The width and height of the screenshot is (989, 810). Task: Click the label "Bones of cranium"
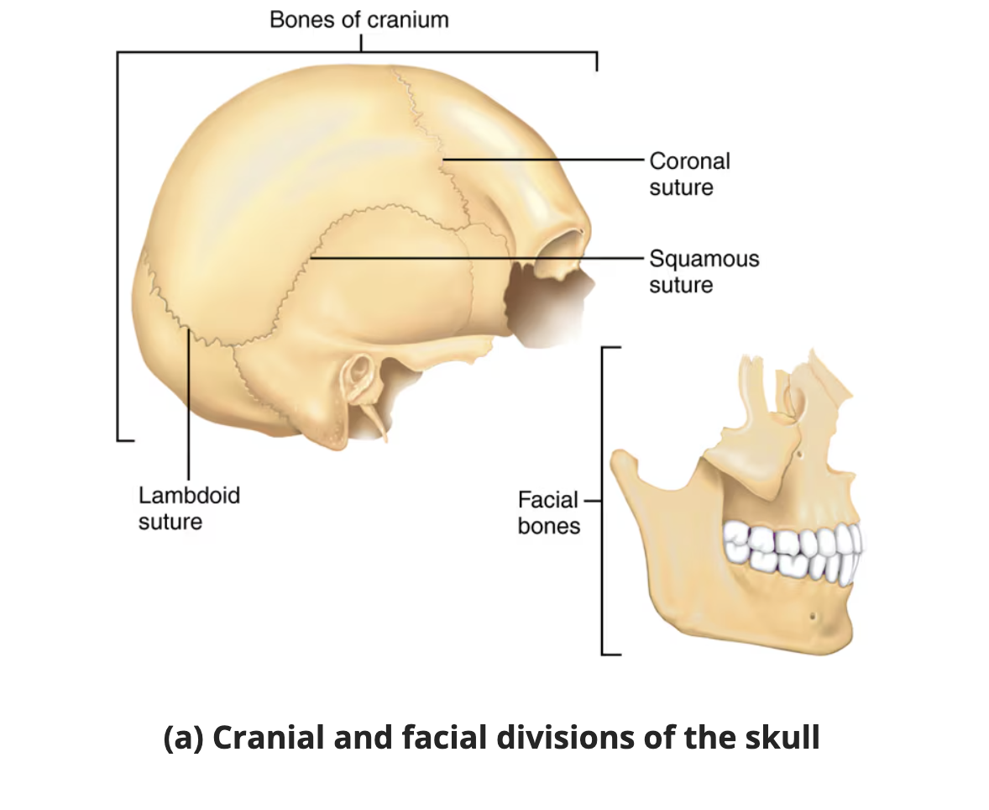point(358,19)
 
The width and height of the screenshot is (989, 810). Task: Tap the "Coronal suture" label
point(689,174)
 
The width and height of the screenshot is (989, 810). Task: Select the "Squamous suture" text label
point(704,271)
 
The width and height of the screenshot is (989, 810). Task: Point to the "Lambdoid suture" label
point(189,508)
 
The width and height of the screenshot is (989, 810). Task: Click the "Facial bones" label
point(549,513)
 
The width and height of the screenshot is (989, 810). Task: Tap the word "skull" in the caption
point(782,739)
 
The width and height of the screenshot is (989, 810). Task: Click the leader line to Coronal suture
point(546,159)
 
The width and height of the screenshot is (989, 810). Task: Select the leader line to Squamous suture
point(479,257)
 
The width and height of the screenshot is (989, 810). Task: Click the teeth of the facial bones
point(793,550)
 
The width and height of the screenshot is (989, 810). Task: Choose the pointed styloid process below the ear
point(378,424)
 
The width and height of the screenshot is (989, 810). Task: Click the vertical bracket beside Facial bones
point(603,500)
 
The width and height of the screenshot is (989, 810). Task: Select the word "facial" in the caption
point(434,739)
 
